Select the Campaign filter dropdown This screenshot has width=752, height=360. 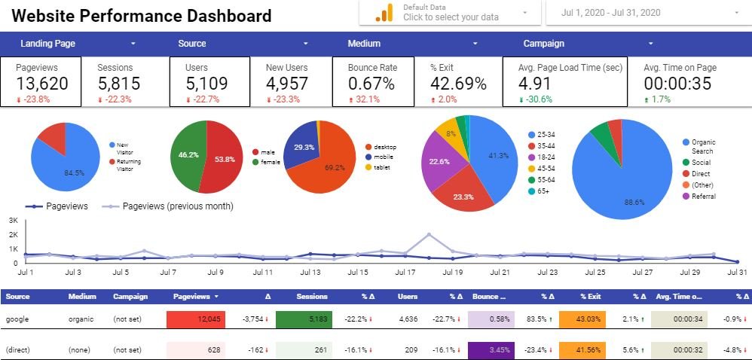point(588,44)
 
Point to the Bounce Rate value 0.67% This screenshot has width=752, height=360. point(371,83)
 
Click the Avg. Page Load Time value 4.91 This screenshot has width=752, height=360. point(536,83)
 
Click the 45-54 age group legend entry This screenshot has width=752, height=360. point(546,169)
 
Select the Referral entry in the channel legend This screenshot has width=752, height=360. point(702,197)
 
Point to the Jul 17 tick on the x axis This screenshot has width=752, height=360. point(405,272)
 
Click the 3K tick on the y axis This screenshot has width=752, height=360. point(13,221)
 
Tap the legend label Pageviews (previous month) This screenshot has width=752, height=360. point(177,206)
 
